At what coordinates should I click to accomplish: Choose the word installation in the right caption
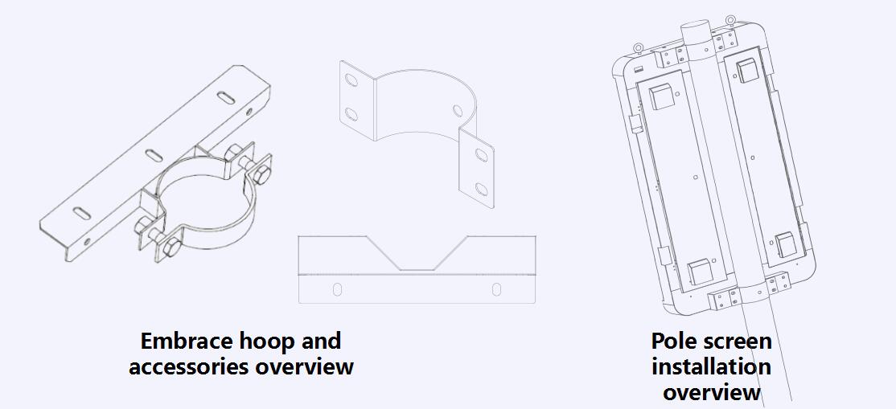(x=711, y=367)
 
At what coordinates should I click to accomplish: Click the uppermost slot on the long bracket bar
(x=228, y=97)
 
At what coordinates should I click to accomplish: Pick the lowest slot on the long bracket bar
(x=82, y=212)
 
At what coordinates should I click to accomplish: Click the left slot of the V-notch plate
(x=338, y=288)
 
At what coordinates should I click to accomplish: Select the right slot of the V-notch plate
(x=496, y=288)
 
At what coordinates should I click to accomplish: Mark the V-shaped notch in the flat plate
(x=417, y=256)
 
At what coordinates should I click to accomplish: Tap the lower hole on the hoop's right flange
(x=481, y=189)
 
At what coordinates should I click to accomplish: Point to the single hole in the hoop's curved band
(x=458, y=109)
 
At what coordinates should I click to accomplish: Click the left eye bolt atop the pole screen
(x=637, y=47)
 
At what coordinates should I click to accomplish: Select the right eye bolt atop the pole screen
(x=730, y=20)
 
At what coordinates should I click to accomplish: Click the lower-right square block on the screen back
(x=786, y=243)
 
